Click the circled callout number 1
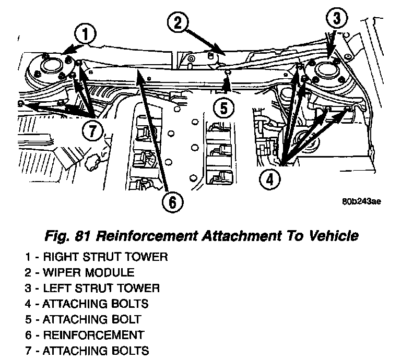(x=86, y=35)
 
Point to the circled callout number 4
(x=269, y=181)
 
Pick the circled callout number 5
(x=223, y=109)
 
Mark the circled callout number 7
(x=92, y=131)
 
